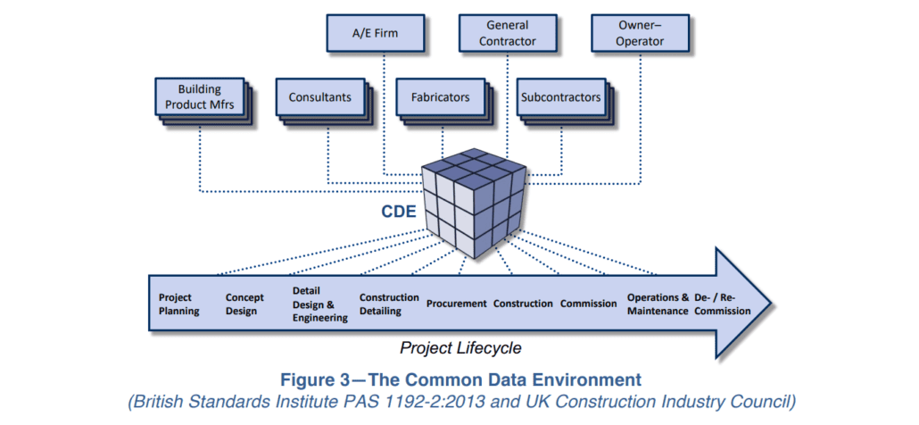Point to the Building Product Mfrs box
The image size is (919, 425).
pos(199,98)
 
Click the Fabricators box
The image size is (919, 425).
pos(440,97)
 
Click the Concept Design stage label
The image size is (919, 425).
pos(244,304)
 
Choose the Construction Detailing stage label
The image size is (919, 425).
pos(389,304)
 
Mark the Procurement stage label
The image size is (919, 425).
pos(456,304)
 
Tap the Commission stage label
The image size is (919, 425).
pos(588,304)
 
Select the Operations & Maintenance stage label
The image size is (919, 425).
pos(658,304)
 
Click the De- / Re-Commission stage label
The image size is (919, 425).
pos(722,304)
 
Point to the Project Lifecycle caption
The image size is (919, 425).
pos(460,348)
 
